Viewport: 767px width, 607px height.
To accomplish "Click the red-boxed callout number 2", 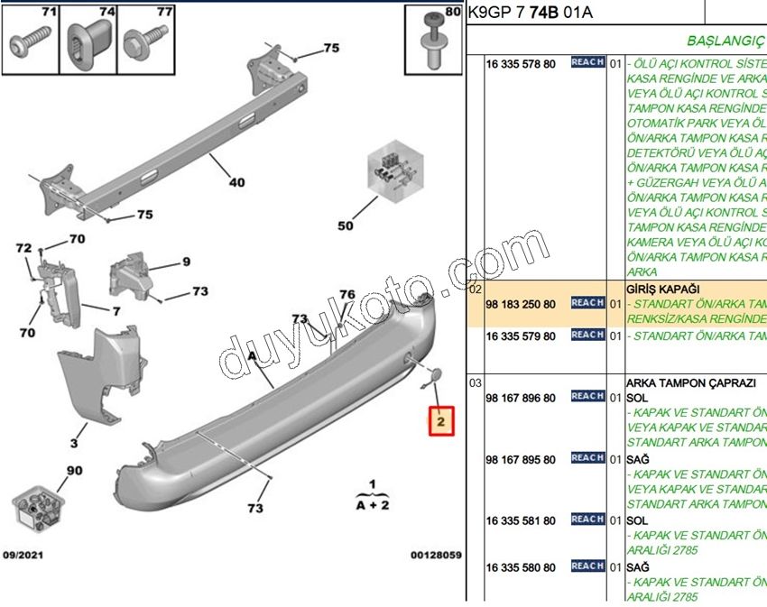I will [x=440, y=421].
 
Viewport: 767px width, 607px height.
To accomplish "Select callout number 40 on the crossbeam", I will [x=236, y=182].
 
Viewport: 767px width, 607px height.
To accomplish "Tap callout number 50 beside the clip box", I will [x=346, y=225].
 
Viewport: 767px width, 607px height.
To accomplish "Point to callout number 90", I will [x=74, y=471].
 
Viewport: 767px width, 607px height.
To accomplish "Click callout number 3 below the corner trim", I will [x=74, y=443].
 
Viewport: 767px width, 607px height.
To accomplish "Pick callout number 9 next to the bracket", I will [x=186, y=262].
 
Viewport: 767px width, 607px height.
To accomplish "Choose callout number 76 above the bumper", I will [x=347, y=295].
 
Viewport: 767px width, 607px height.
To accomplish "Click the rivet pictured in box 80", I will [x=434, y=46].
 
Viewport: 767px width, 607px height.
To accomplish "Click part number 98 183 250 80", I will [x=521, y=304].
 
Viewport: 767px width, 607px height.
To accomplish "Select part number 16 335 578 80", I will [x=521, y=65].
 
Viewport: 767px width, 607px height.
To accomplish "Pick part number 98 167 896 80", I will [x=521, y=398].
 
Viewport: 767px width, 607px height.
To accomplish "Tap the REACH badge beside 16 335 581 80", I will [x=587, y=520].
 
